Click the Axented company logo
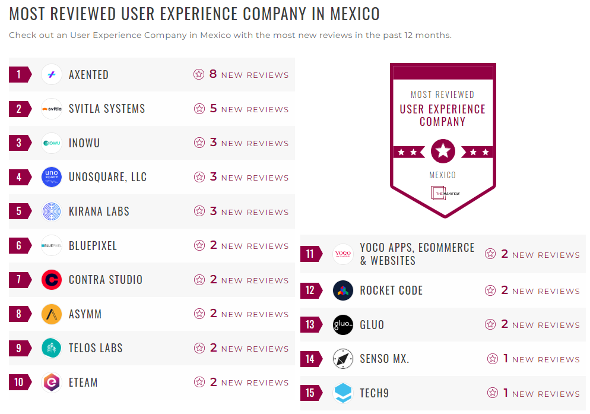coord(52,75)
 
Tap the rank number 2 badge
coord(19,109)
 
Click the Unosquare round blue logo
coord(52,177)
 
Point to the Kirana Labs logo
coord(52,211)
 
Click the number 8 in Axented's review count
coord(213,74)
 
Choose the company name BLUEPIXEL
coord(93,246)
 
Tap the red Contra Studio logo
coord(52,280)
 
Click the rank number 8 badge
coord(19,314)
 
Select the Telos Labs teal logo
coord(52,348)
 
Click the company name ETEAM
coord(83,383)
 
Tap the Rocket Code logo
coord(343,290)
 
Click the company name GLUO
coord(372,325)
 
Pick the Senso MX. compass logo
coord(343,359)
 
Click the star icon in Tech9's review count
coord(493,393)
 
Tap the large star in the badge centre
coord(443,151)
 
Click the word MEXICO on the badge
coord(443,175)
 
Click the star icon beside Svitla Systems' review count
coord(199,109)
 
